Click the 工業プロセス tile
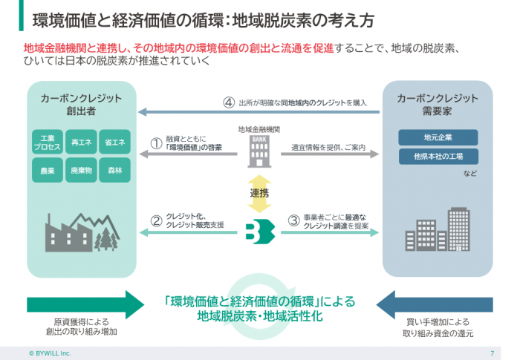[48, 142]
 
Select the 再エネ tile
[82, 142]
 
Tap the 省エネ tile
[114, 142]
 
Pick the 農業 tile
[48, 171]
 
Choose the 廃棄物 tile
[82, 171]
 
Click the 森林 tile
[114, 171]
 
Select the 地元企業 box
[438, 138]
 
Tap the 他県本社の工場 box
[438, 157]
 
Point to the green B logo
[259, 229]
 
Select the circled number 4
[229, 102]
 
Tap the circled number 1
[157, 143]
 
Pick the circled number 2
[157, 220]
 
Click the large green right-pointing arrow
[85, 303]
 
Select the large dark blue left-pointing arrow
[435, 303]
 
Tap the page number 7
[493, 353]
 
